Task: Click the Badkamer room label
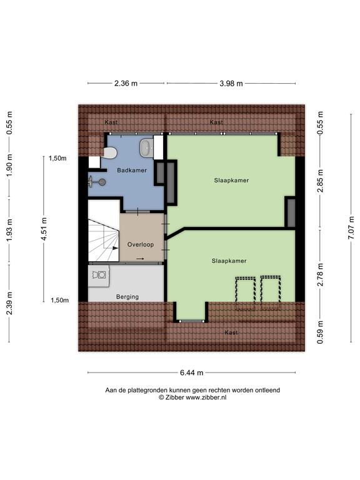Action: (x=132, y=170)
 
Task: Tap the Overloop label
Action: (x=141, y=244)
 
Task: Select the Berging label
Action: (x=127, y=297)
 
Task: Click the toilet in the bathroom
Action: (x=110, y=152)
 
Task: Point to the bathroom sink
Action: (x=147, y=147)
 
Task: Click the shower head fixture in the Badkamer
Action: (x=97, y=182)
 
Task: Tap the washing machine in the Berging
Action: (x=99, y=276)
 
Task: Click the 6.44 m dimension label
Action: (x=192, y=372)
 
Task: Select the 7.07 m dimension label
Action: (x=351, y=227)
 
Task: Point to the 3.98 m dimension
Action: (x=231, y=83)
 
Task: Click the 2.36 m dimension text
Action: (x=126, y=83)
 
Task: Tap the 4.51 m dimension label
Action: (x=44, y=229)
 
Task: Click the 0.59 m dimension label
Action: (x=320, y=332)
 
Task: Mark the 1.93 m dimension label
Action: (x=9, y=230)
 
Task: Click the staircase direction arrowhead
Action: (x=115, y=248)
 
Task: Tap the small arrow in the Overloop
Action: (x=140, y=259)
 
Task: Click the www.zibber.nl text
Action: (x=206, y=397)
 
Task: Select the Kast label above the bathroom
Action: (x=111, y=122)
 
